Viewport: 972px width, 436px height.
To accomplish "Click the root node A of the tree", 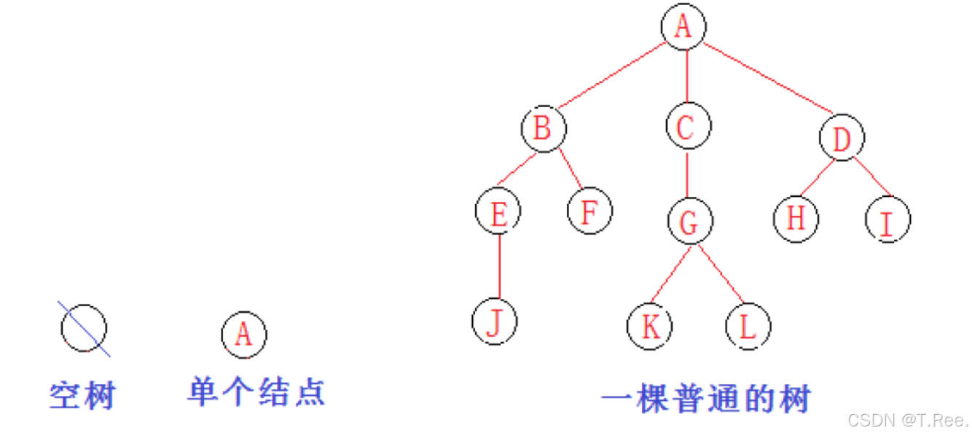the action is pos(683,28).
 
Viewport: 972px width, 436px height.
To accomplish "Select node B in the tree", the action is pos(544,129).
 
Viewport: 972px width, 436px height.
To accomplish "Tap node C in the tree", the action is pos(688,127).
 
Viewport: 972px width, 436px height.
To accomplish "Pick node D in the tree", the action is pos(842,139).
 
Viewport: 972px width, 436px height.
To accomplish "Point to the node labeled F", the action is pos(590,211).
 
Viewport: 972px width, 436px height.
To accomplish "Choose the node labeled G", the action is pos(689,222).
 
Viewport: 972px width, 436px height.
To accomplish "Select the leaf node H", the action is pos(796,218).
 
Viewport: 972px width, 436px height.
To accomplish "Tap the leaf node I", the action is pos(888,219).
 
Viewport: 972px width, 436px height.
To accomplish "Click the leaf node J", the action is pos(495,322).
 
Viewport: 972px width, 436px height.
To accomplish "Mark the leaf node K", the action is pos(650,326).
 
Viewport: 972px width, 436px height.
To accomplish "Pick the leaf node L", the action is pos(748,326).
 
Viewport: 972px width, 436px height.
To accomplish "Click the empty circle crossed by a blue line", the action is pos(84,328).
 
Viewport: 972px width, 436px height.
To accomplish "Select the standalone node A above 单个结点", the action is pos(244,335).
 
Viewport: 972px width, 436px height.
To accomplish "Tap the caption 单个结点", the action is pos(256,391).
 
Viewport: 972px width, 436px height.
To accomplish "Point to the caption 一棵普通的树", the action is pos(706,399).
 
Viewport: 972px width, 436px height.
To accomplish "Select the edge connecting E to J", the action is pos(499,266).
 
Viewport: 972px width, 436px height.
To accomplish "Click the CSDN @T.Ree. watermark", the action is pos(908,420).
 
